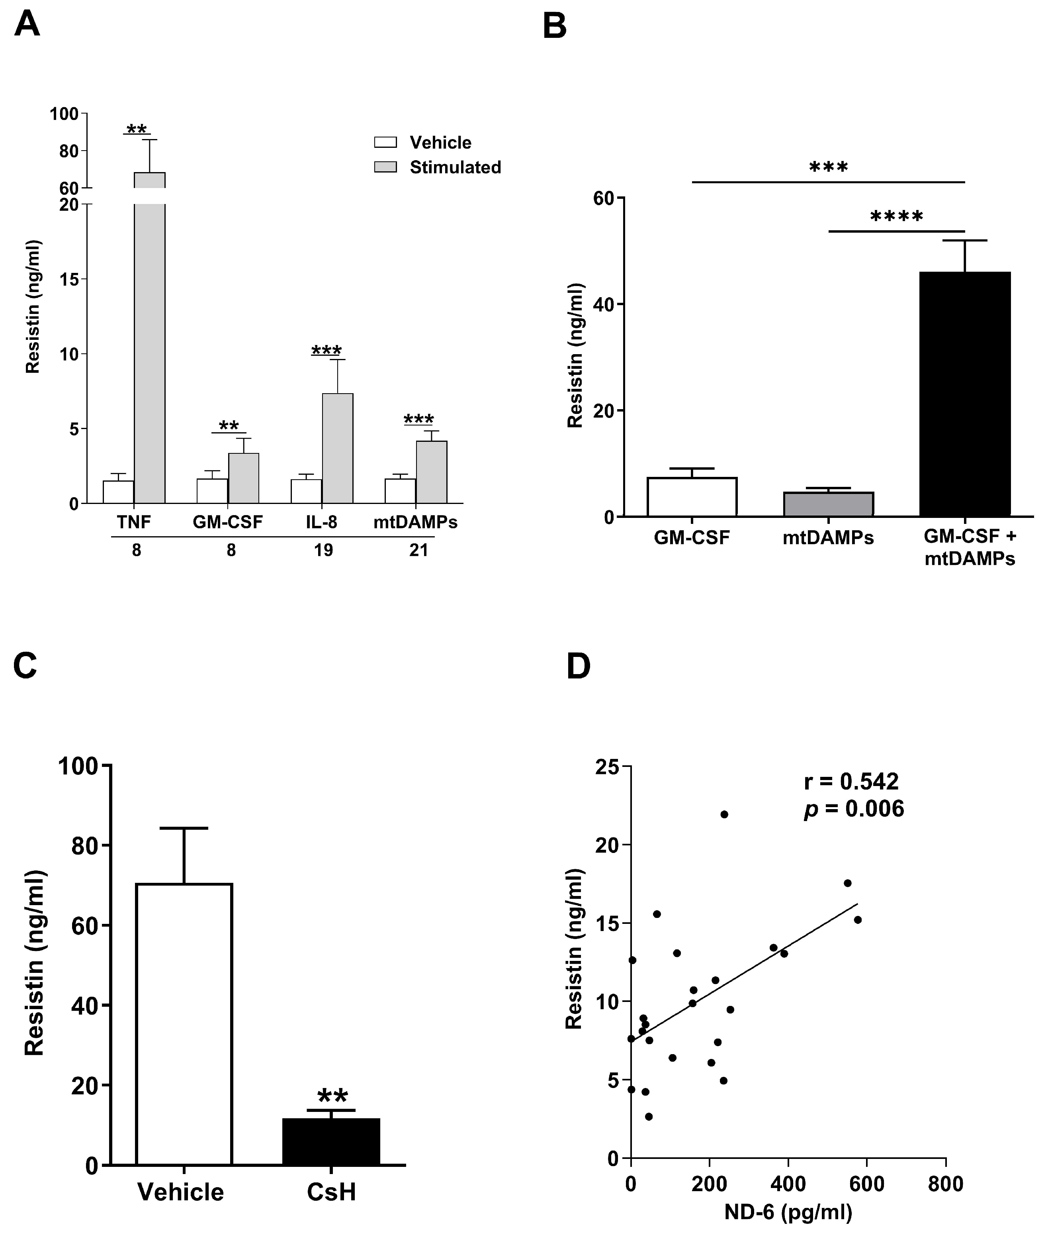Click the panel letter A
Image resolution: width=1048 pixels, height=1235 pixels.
pyautogui.click(x=27, y=25)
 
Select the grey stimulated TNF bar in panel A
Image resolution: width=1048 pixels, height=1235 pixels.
pyautogui.click(x=150, y=357)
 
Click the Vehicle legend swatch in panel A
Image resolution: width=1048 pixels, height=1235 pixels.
pyautogui.click(x=385, y=143)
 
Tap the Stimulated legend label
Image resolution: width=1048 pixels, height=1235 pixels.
pyautogui.click(x=455, y=168)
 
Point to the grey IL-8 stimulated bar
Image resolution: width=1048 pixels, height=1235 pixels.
pyautogui.click(x=337, y=449)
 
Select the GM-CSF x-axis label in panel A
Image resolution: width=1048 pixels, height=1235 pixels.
pyautogui.click(x=227, y=522)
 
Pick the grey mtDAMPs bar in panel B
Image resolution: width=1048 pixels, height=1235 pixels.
pyautogui.click(x=828, y=504)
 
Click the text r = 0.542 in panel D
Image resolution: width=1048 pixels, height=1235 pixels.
pyautogui.click(x=851, y=782)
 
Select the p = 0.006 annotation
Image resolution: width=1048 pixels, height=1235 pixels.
pyautogui.click(x=854, y=809)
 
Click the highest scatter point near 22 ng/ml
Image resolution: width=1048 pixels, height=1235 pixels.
pyautogui.click(x=724, y=814)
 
